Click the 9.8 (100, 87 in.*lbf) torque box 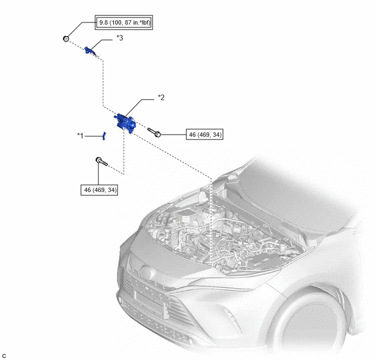[x=124, y=22]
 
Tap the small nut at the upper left [x=66, y=39]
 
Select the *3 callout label [x=120, y=38]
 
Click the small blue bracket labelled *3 [x=90, y=51]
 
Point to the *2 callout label [x=161, y=98]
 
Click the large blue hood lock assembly [x=125, y=123]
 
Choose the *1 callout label [x=80, y=136]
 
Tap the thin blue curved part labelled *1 [x=104, y=136]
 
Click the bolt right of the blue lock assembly [x=154, y=132]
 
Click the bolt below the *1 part [x=102, y=161]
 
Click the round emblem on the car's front [x=146, y=272]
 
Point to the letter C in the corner [x=4, y=356]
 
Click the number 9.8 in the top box [x=103, y=23]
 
